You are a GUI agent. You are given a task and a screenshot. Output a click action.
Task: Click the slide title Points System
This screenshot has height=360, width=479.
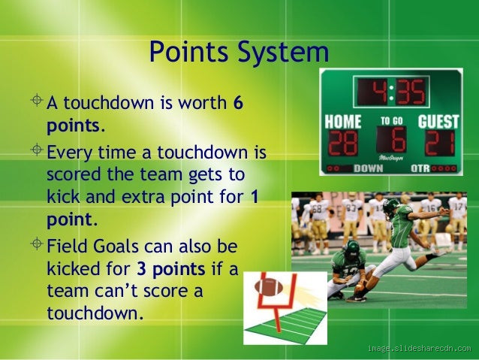pyautogui.click(x=239, y=53)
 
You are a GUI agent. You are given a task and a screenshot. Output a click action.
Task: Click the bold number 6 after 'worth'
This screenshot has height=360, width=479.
pyautogui.click(x=238, y=102)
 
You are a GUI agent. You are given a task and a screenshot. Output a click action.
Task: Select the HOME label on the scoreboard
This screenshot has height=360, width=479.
pyautogui.click(x=343, y=121)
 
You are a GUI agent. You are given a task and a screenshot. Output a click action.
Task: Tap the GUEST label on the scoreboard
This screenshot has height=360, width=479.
pyautogui.click(x=438, y=121)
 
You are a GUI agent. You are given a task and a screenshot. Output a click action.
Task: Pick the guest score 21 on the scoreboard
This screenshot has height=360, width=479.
pyautogui.click(x=438, y=143)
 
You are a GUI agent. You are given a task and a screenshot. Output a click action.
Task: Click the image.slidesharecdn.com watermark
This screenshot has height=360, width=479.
pyautogui.click(x=418, y=348)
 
